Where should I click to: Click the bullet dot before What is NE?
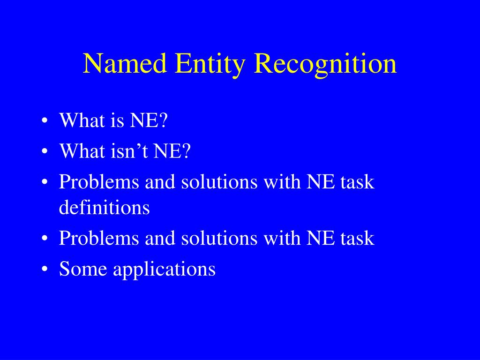[x=45, y=121]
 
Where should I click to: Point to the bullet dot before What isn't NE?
[x=45, y=152]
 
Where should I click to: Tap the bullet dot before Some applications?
[x=45, y=270]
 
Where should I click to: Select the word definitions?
[x=104, y=207]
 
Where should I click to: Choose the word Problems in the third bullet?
[x=99, y=182]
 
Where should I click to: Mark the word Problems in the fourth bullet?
[x=99, y=238]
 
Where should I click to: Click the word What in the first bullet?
[x=82, y=121]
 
